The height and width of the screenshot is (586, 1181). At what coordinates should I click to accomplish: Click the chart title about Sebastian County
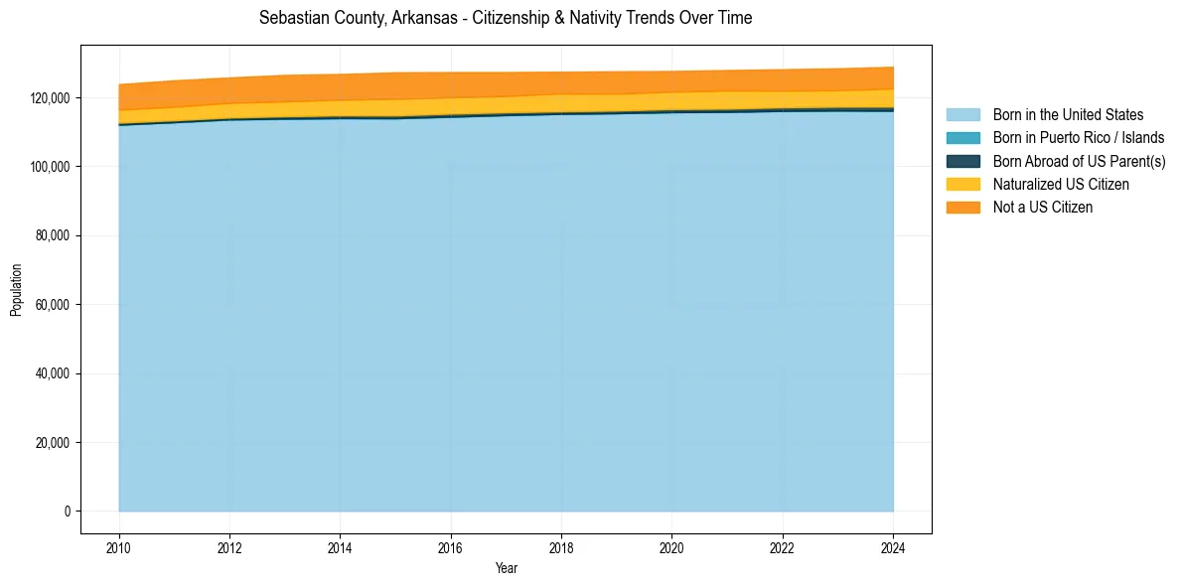click(x=506, y=18)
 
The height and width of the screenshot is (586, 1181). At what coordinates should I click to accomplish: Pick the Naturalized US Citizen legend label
click(x=1061, y=185)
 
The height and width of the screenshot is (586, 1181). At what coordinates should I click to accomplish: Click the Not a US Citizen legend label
click(x=1043, y=208)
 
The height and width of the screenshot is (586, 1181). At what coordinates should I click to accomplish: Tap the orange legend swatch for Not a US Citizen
click(x=962, y=208)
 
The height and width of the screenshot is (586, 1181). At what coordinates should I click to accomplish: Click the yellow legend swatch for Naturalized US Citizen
click(x=962, y=185)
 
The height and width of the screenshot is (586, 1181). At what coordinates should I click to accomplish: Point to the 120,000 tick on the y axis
click(x=50, y=98)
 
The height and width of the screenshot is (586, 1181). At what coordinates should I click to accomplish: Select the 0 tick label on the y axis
click(x=68, y=512)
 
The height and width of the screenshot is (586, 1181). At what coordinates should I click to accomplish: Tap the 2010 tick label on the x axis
click(x=119, y=546)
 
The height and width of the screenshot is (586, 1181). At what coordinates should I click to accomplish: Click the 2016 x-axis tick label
click(x=451, y=546)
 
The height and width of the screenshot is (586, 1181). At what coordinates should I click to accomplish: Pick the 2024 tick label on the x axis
click(x=893, y=546)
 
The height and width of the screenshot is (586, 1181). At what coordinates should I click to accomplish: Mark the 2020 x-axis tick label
click(x=672, y=546)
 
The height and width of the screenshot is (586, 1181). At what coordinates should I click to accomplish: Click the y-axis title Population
click(x=16, y=290)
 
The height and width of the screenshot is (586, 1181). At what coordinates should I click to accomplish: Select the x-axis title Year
click(x=506, y=569)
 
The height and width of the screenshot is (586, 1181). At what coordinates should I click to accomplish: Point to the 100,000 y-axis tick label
click(x=50, y=167)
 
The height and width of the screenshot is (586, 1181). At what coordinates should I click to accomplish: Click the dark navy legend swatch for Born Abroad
click(x=962, y=161)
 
